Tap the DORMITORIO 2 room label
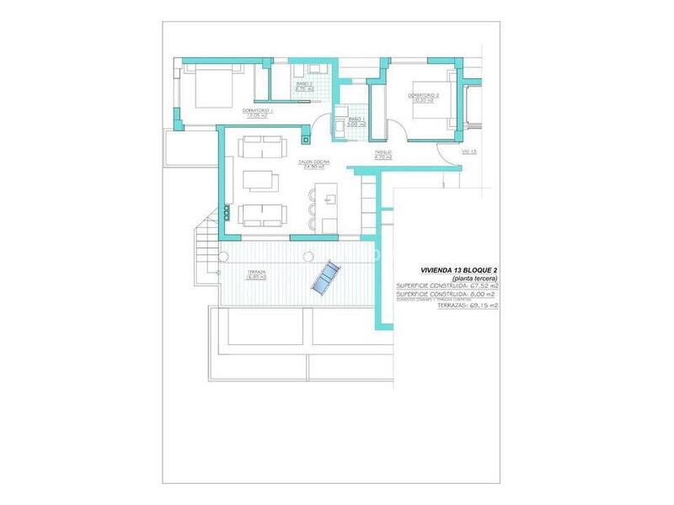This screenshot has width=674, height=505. (x=425, y=95)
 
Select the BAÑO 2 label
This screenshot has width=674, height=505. (x=304, y=84)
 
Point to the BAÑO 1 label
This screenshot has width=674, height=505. (x=356, y=120)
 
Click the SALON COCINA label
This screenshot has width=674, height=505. (x=313, y=162)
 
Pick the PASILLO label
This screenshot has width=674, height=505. (x=383, y=152)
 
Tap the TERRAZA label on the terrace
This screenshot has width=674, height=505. (x=256, y=272)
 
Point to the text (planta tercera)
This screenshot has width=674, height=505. (x=474, y=279)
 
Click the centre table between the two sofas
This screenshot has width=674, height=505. (x=259, y=181)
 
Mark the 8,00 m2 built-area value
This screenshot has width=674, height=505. (x=483, y=294)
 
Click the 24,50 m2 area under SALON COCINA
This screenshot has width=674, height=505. (x=313, y=167)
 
